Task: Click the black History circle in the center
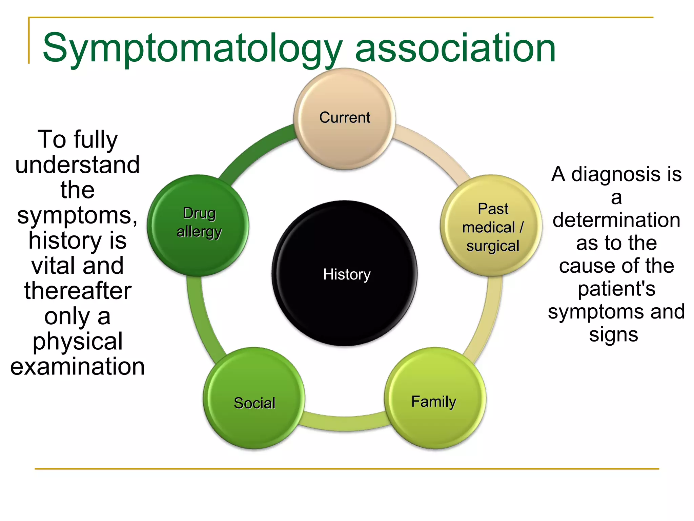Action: click(x=345, y=273)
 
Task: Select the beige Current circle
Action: click(x=345, y=119)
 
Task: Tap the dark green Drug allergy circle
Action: click(x=198, y=226)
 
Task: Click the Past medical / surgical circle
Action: click(x=491, y=226)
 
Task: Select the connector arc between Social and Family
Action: click(x=345, y=424)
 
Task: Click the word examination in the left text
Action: click(x=78, y=367)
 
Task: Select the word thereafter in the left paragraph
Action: click(x=78, y=291)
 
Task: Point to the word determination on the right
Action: click(x=616, y=220)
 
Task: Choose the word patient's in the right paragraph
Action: click(x=616, y=289)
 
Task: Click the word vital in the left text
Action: click(x=51, y=266)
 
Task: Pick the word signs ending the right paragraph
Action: click(x=613, y=335)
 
